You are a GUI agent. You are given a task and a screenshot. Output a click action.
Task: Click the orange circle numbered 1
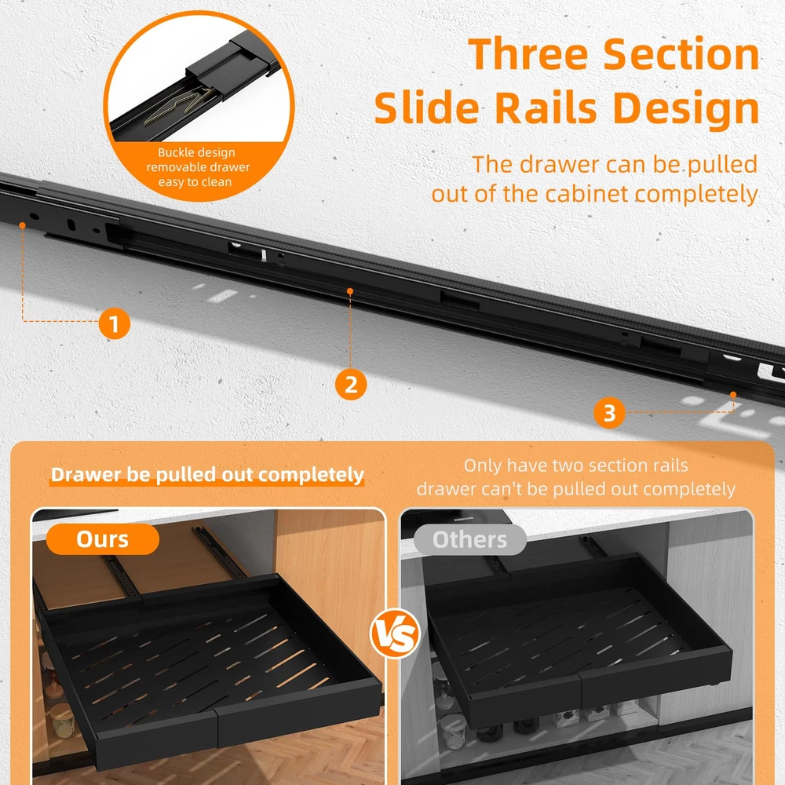(x=114, y=323)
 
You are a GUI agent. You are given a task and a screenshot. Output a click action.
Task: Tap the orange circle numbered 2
(x=350, y=384)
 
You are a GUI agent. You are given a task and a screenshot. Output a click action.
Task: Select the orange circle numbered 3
(x=609, y=413)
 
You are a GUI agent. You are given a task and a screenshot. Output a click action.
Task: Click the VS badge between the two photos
(x=395, y=633)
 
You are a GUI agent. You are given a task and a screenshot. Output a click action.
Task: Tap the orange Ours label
(x=103, y=539)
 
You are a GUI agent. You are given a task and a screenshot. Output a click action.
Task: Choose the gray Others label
(x=469, y=540)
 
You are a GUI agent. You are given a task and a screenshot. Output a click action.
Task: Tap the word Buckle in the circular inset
(x=174, y=152)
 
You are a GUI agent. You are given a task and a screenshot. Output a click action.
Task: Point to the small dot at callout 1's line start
(x=22, y=226)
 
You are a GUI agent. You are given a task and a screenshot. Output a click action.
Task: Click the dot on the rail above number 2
(x=350, y=291)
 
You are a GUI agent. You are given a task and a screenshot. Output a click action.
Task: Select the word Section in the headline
(x=681, y=54)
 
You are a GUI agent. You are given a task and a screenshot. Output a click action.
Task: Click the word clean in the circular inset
(x=217, y=182)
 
